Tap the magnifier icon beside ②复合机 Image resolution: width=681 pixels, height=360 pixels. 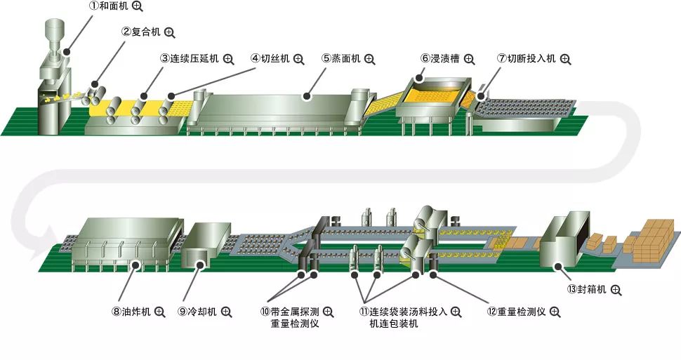point(170,32)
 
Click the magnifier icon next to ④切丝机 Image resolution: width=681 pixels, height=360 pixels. point(298,59)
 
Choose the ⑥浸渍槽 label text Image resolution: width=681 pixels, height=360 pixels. point(441,59)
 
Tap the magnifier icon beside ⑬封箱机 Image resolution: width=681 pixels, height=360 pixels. point(616,289)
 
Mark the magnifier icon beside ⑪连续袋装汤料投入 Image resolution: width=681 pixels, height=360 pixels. point(455,312)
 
